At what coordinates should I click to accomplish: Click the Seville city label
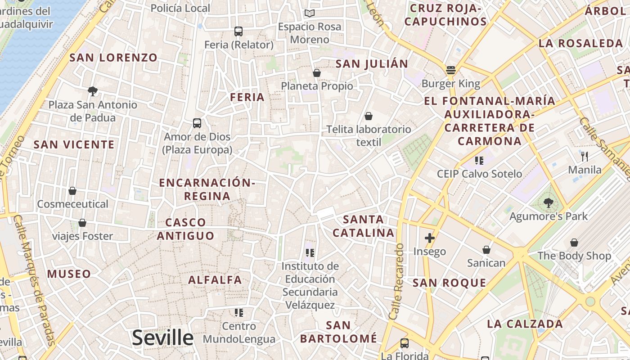162,337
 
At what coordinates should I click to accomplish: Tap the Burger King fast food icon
451,70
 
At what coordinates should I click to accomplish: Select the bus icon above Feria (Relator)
238,31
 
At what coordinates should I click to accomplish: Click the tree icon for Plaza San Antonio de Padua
93,91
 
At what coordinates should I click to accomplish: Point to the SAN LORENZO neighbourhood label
113,58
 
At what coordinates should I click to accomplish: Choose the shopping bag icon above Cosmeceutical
72,191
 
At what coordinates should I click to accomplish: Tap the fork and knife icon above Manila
585,156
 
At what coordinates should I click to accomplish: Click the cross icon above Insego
430,238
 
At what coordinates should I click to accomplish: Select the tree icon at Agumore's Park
548,203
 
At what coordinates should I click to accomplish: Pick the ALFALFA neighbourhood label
215,280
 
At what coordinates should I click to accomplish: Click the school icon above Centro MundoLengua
239,312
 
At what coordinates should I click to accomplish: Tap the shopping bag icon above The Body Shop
574,243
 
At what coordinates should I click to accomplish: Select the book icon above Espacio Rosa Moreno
309,13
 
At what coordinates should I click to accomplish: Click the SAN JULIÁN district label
372,64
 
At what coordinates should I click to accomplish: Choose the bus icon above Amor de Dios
197,123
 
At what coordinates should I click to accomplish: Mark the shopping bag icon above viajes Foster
82,223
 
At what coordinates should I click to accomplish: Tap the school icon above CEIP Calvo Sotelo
479,160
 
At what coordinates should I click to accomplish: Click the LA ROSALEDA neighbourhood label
580,44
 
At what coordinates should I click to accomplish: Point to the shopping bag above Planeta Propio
317,72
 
